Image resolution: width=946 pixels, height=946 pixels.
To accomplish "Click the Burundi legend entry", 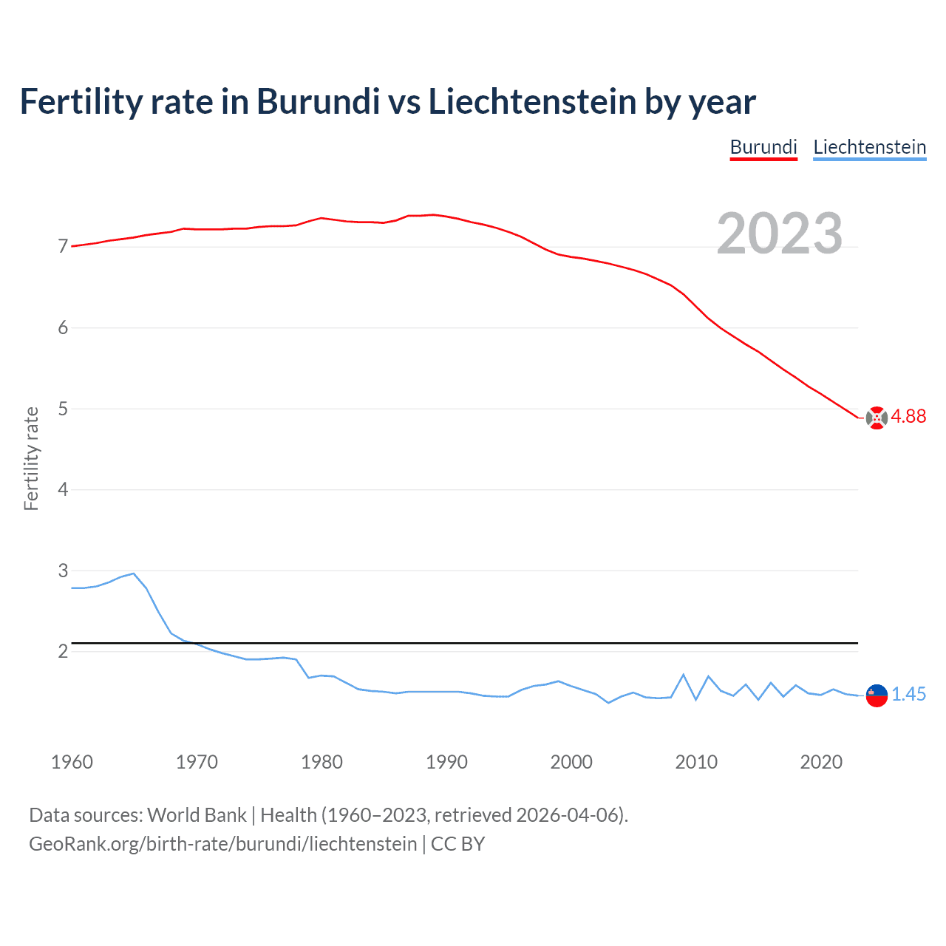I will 763,147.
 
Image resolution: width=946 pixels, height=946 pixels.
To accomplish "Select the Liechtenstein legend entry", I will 869,147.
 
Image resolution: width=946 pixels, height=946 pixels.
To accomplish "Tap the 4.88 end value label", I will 908,417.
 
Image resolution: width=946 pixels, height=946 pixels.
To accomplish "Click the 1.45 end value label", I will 908,695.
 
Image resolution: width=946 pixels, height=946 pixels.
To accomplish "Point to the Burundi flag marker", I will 876,418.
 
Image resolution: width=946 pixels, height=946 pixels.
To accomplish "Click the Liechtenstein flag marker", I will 876,695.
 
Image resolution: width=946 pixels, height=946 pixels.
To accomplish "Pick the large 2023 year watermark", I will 779,234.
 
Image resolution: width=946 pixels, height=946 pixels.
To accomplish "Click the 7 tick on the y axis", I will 63,247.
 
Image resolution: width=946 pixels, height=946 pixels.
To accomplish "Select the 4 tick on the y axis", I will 63,490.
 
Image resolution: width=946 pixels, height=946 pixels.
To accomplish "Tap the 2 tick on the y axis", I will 63,652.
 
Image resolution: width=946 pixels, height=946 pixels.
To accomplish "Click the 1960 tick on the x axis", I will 72,762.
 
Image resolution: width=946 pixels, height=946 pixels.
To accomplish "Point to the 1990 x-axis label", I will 446,762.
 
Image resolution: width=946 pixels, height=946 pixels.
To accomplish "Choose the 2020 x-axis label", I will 821,762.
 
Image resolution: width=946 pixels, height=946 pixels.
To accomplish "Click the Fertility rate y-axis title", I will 31,458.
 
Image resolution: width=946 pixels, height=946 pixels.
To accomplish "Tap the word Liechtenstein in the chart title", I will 532,101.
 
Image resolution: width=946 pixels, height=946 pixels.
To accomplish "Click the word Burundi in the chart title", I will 318,101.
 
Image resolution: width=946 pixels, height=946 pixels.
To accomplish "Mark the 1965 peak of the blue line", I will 134,574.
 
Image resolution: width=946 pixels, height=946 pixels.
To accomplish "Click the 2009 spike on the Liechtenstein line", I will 684,675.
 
